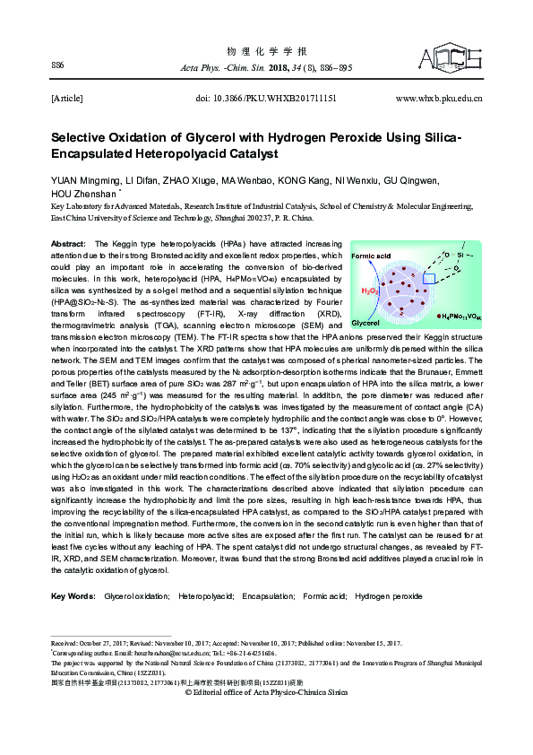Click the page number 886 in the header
click(x=58, y=65)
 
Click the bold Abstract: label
click(x=69, y=244)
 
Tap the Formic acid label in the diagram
click(x=372, y=256)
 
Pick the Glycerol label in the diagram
click(x=366, y=322)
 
